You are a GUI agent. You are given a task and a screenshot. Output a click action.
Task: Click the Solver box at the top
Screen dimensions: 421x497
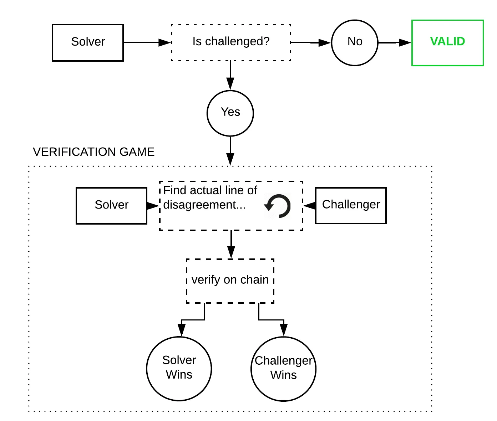[x=88, y=42]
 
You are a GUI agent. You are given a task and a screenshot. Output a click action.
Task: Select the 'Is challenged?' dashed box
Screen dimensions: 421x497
[x=231, y=42]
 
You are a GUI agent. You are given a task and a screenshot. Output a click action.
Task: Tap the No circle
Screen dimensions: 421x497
[x=354, y=42]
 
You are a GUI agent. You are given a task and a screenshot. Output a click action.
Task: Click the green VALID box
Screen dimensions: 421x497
[x=447, y=42]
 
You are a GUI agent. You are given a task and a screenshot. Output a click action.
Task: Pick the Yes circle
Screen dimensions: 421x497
[x=230, y=113]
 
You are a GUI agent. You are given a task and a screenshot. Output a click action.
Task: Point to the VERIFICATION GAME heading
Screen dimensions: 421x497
[x=93, y=152]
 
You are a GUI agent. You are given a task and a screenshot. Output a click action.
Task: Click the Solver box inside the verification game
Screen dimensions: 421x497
[x=111, y=205]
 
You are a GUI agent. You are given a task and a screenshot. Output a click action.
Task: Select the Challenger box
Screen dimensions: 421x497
[x=351, y=205]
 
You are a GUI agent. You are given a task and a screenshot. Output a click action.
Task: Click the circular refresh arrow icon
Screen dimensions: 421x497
[x=278, y=206]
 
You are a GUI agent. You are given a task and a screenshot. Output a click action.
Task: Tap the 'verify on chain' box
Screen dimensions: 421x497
[x=230, y=281]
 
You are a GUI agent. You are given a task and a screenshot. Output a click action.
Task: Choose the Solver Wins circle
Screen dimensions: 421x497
[x=179, y=368]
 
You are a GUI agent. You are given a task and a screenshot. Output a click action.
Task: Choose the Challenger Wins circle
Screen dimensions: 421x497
[x=283, y=369]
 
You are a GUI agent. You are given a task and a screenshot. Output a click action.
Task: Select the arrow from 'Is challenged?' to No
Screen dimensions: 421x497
[x=310, y=42]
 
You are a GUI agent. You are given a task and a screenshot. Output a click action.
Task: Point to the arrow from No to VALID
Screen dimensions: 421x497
[x=394, y=42]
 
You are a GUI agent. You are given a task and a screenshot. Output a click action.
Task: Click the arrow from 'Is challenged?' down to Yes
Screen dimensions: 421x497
[x=230, y=75]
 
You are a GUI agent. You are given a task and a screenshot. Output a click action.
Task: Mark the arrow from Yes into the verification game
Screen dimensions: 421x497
[x=230, y=150]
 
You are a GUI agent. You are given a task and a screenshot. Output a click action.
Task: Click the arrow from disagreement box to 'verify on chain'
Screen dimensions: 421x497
[x=231, y=244]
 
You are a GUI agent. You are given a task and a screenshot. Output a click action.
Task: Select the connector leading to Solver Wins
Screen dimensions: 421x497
[x=193, y=319]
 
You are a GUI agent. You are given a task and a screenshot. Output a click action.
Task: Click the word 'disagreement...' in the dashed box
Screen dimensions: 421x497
[x=204, y=205]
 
